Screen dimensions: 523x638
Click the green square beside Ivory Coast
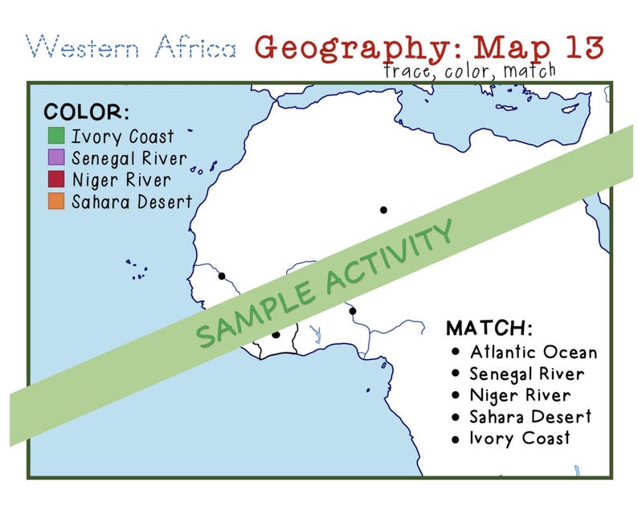click(x=56, y=136)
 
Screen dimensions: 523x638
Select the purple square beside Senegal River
click(x=56, y=157)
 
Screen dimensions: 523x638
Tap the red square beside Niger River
click(x=56, y=179)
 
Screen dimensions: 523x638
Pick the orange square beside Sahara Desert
click(x=56, y=201)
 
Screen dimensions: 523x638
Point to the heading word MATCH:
click(x=489, y=329)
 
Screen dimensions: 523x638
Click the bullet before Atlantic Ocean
click(x=456, y=352)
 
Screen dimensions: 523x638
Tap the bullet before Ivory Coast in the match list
click(x=456, y=439)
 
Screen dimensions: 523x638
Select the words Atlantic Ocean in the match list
click(x=534, y=352)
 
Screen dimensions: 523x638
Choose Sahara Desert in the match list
click(x=530, y=416)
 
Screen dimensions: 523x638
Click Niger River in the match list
click(x=520, y=395)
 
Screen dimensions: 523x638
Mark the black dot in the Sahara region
click(x=384, y=210)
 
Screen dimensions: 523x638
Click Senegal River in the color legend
click(x=129, y=157)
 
